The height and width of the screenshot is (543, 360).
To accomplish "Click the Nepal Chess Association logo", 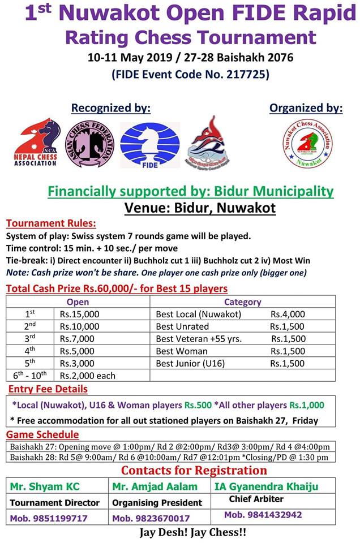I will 36,144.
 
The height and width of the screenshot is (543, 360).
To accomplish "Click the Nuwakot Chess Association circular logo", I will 307,144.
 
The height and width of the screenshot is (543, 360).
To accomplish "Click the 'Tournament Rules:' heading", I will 51,223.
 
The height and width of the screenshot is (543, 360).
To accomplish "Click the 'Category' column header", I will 242,302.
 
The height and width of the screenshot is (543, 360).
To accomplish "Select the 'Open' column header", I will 78,302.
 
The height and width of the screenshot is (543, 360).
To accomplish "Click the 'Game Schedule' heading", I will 42,434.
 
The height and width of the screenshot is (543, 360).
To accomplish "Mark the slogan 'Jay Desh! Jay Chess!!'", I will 192,533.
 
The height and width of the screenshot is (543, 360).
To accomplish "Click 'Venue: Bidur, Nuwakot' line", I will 200,208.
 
